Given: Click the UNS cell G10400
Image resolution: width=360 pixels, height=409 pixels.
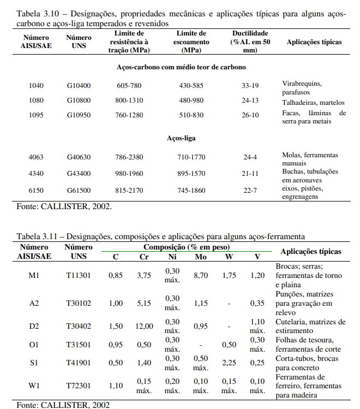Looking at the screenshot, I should pyautogui.click(x=79, y=86).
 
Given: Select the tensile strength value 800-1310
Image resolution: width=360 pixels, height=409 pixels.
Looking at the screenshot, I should pyautogui.click(x=129, y=100).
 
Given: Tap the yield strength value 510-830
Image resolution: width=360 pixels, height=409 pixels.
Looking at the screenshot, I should pyautogui.click(x=191, y=115).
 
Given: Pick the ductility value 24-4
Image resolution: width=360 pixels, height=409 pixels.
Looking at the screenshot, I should pyautogui.click(x=250, y=157).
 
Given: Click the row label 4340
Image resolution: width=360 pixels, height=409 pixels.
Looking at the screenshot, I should pyautogui.click(x=37, y=173).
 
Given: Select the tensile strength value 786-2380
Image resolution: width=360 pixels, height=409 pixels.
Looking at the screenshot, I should pyautogui.click(x=129, y=157).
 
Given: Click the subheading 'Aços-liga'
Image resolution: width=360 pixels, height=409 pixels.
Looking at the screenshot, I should pyautogui.click(x=181, y=138).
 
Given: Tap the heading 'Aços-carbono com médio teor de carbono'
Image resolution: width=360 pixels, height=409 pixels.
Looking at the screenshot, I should pyautogui.click(x=181, y=67).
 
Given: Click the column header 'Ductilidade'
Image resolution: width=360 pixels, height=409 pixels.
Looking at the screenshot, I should pyautogui.click(x=250, y=33).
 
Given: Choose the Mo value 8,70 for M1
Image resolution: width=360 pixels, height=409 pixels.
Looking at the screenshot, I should pyautogui.click(x=201, y=276).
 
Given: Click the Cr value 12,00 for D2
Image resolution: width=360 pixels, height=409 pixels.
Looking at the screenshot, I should pyautogui.click(x=144, y=326).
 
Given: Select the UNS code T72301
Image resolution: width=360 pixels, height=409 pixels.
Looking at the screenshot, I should pyautogui.click(x=79, y=386).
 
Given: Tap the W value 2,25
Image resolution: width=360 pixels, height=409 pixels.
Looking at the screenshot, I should pyautogui.click(x=229, y=363).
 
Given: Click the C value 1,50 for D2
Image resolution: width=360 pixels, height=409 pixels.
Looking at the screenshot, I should pyautogui.click(x=116, y=326).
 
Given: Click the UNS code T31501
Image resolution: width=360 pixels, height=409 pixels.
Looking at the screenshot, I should pyautogui.click(x=79, y=345).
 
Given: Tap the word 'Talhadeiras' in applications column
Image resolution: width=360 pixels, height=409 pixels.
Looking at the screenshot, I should pyautogui.click(x=299, y=102).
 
